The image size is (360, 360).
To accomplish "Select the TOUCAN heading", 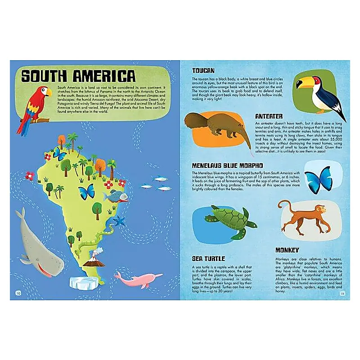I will coord(203,71).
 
